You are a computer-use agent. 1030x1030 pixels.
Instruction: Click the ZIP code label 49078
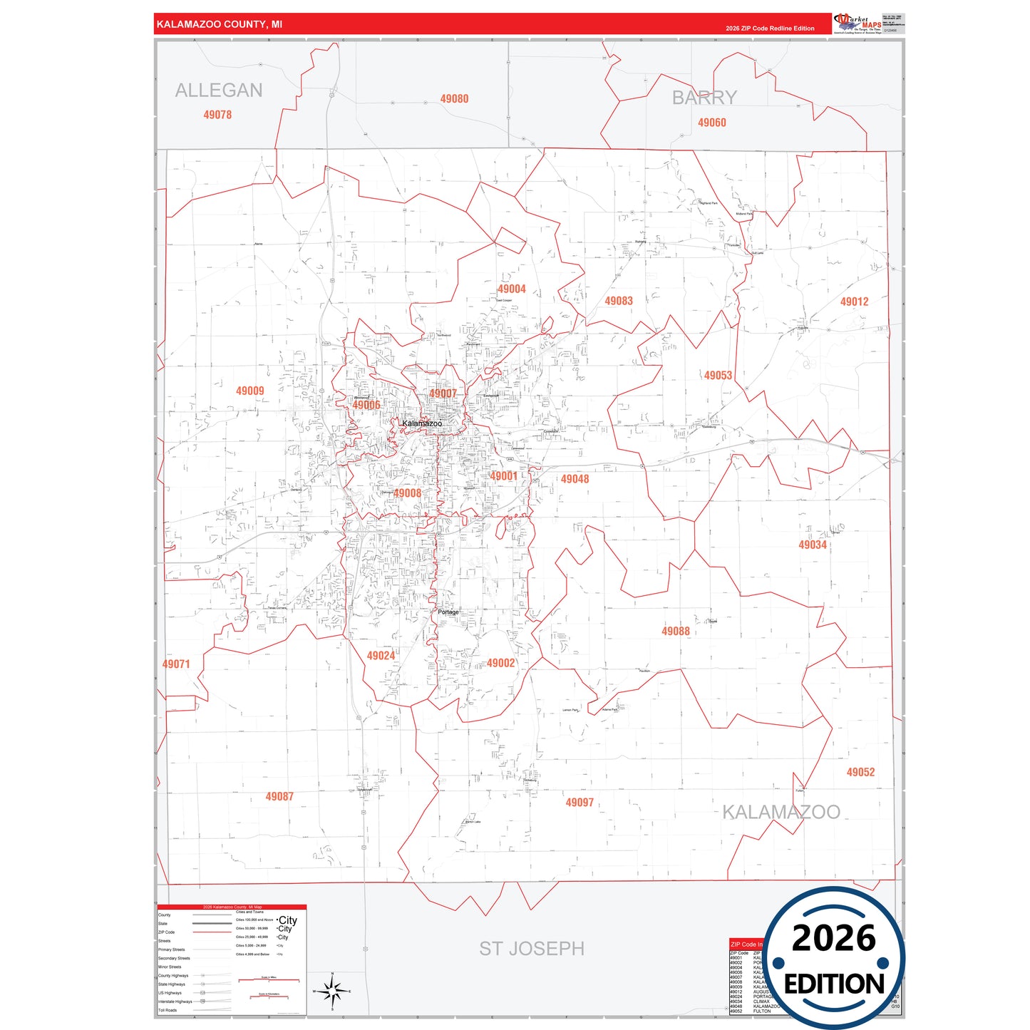point(217,115)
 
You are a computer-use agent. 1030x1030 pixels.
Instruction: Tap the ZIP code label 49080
point(454,99)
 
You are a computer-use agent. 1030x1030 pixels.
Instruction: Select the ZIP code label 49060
point(711,123)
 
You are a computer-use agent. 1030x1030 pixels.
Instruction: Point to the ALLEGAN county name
point(219,91)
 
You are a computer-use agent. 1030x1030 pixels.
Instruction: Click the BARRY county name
point(704,98)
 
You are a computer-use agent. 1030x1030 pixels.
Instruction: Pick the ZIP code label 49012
point(854,302)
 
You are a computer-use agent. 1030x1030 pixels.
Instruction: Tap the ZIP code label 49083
point(619,301)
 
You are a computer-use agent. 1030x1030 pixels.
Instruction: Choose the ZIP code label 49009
point(250,391)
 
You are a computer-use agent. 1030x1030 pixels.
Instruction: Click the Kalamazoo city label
point(422,423)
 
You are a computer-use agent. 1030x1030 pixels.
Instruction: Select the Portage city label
point(448,612)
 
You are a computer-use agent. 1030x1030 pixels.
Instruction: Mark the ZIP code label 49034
point(813,545)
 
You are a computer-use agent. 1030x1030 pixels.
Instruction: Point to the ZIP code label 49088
point(676,631)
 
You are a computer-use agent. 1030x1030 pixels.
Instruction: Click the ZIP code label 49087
point(279,796)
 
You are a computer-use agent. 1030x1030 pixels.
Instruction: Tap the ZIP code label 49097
point(580,802)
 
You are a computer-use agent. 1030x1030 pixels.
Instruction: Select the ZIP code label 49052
point(860,772)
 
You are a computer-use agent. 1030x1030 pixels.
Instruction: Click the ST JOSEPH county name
point(532,949)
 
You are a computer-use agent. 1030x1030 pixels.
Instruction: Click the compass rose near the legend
point(332,991)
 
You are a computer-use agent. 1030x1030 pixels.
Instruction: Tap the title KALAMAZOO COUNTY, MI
point(220,24)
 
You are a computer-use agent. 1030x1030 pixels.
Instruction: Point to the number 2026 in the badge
point(833,938)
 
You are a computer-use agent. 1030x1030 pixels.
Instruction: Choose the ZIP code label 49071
point(176,664)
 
